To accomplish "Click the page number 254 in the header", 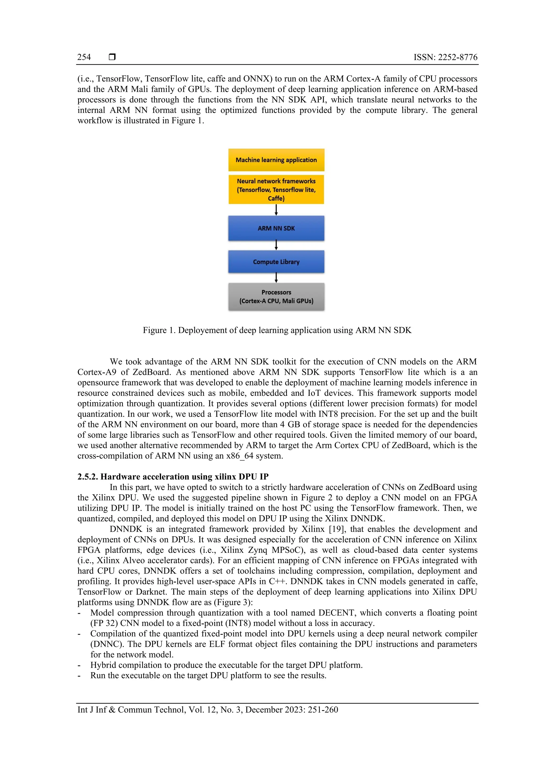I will [x=84, y=57].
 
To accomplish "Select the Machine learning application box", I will [x=276, y=160].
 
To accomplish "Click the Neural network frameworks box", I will [x=276, y=190].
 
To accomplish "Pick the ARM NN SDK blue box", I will [x=276, y=228].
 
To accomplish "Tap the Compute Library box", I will [x=276, y=262].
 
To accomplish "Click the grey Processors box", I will [x=276, y=297].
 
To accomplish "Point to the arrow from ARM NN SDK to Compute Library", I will [x=276, y=245].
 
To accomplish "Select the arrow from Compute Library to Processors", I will [x=276, y=278].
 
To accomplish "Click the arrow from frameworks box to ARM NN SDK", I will [x=276, y=210].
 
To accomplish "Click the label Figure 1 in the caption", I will [x=159, y=330].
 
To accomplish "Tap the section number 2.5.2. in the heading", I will [x=88, y=476].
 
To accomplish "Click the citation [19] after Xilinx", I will [x=337, y=529].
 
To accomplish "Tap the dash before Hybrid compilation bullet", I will [x=79, y=665].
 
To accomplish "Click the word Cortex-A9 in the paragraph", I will [x=97, y=372].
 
